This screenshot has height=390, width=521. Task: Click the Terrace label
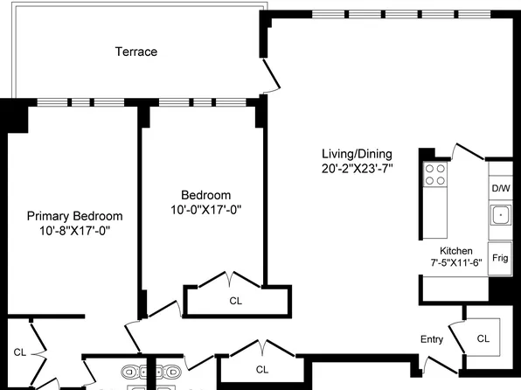tap(136, 52)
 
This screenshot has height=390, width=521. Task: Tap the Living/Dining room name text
tap(357, 153)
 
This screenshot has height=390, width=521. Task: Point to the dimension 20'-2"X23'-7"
tap(357, 169)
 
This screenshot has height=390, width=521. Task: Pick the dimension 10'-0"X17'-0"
tap(205, 210)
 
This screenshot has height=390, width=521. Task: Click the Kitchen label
tap(456, 249)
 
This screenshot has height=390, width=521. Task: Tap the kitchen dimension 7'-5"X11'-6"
tap(456, 261)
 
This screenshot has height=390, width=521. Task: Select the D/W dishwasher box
tap(500, 189)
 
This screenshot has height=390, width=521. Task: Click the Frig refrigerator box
tap(500, 258)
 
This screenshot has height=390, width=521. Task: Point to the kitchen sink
tap(500, 213)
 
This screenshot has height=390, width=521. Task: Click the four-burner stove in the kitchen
tap(434, 174)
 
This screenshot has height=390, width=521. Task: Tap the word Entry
tap(432, 339)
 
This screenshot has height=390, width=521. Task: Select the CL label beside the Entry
tap(483, 338)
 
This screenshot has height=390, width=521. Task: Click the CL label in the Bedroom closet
tap(235, 300)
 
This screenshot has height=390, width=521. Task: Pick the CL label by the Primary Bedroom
tap(19, 352)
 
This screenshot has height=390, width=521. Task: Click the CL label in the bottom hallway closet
tap(261, 369)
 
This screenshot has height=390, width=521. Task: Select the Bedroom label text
tap(205, 195)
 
